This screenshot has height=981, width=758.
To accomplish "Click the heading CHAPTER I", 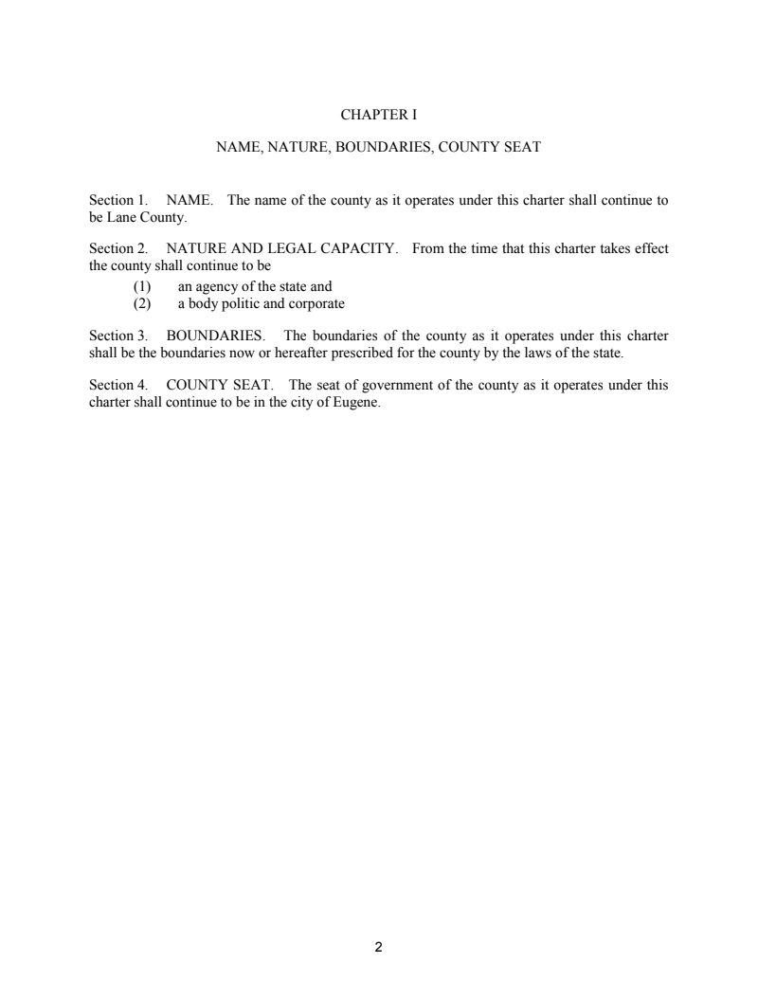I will point(378,115).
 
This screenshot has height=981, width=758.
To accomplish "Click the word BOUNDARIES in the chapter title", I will point(365,148).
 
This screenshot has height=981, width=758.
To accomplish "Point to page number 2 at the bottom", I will point(378,946).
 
